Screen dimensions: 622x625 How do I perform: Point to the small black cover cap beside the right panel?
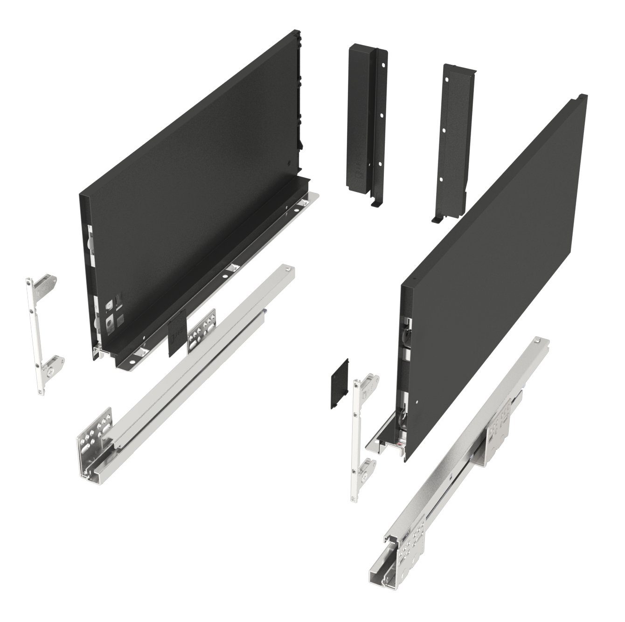(340, 384)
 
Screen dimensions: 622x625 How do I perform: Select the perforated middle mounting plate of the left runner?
(201, 329)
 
